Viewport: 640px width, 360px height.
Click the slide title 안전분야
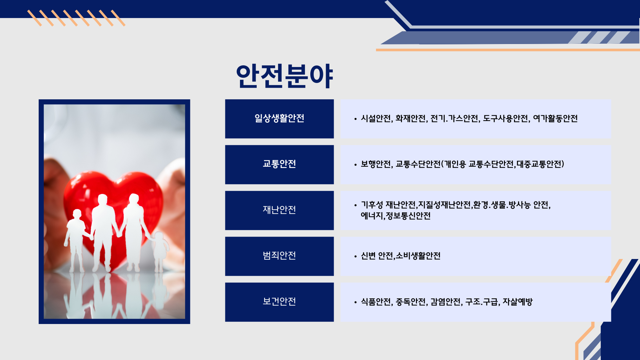[284, 76]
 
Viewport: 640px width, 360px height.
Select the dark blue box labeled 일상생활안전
[279, 119]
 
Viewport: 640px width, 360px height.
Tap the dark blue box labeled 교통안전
[279, 164]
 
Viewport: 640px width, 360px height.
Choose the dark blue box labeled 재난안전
[279, 210]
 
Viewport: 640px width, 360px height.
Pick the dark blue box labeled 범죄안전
[279, 256]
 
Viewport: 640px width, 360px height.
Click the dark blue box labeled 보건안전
[279, 302]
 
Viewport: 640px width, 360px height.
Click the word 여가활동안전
[555, 118]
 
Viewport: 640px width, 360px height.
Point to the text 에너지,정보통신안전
[396, 216]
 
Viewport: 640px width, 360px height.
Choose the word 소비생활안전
[418, 256]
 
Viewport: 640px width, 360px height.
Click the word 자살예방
[518, 302]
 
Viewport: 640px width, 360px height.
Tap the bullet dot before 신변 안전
[355, 256]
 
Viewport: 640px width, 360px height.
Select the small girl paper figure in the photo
[160, 252]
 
